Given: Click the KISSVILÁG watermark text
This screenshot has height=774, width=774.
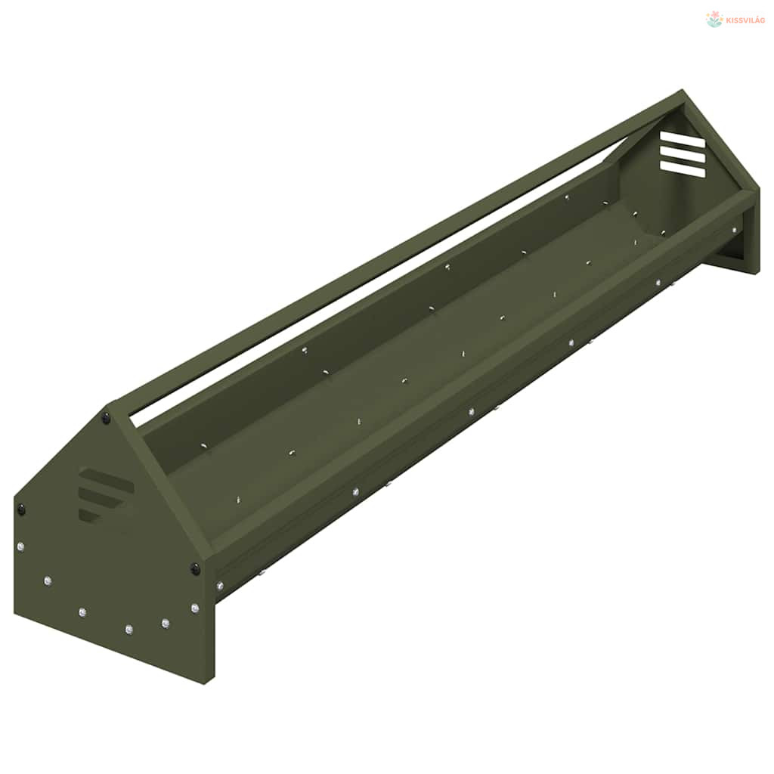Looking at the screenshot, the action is [x=745, y=20].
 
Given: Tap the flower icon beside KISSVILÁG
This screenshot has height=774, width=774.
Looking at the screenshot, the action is [x=714, y=19].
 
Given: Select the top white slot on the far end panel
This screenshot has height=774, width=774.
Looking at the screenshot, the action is [x=683, y=139].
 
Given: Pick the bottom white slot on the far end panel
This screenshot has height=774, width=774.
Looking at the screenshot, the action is [x=683, y=169].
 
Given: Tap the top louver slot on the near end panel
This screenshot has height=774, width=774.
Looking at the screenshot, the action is [x=106, y=478].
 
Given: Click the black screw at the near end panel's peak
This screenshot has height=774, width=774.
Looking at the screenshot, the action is [x=106, y=419].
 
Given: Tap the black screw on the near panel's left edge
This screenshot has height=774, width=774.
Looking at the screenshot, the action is [x=21, y=509].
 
